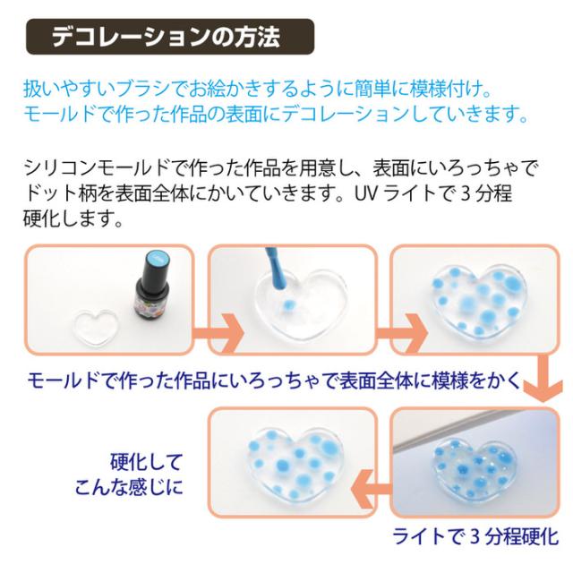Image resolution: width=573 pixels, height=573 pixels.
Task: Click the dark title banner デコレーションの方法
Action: pyautogui.click(x=170, y=37)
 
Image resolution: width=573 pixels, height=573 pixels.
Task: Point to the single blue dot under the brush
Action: pyautogui.click(x=288, y=303)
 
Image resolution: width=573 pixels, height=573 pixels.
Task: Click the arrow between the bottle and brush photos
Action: pyautogui.click(x=218, y=333)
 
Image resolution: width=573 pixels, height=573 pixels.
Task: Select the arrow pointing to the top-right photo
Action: pyautogui.click(x=402, y=333)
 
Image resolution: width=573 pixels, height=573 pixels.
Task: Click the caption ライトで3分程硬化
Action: pyautogui.click(x=475, y=537)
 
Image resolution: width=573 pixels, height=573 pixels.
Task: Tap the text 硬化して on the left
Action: pyautogui.click(x=146, y=462)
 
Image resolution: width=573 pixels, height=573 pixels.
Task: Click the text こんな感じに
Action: pyautogui.click(x=129, y=487)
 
